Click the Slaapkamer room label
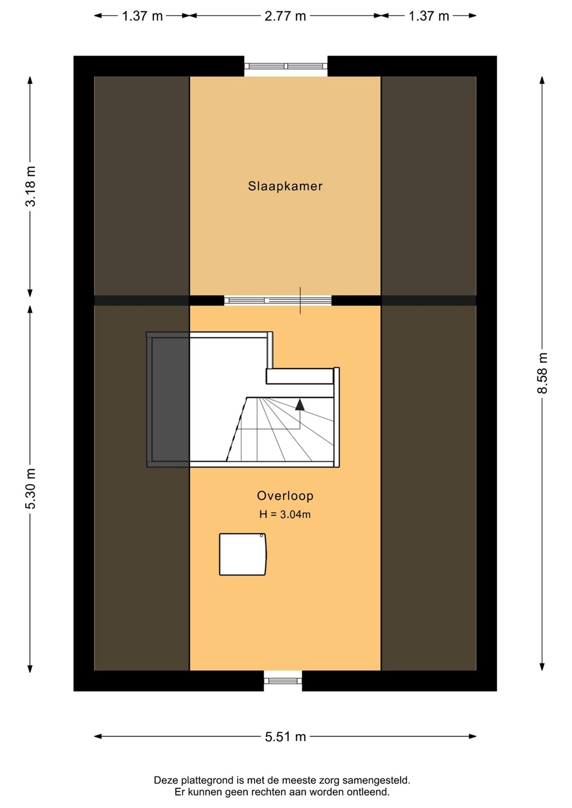[x=285, y=186]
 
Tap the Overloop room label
[x=285, y=495]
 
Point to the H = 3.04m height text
[x=285, y=515]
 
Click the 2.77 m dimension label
[x=285, y=16]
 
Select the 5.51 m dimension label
[x=285, y=737]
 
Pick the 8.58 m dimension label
[x=542, y=373]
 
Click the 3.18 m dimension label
[x=30, y=186]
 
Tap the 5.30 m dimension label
[x=30, y=489]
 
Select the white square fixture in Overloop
[x=243, y=554]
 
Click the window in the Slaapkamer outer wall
[x=285, y=66]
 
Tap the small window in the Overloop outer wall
[x=283, y=681]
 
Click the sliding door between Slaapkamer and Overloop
[x=278, y=300]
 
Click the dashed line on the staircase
[x=237, y=429]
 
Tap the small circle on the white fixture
[x=261, y=536]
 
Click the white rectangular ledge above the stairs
[x=299, y=376]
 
